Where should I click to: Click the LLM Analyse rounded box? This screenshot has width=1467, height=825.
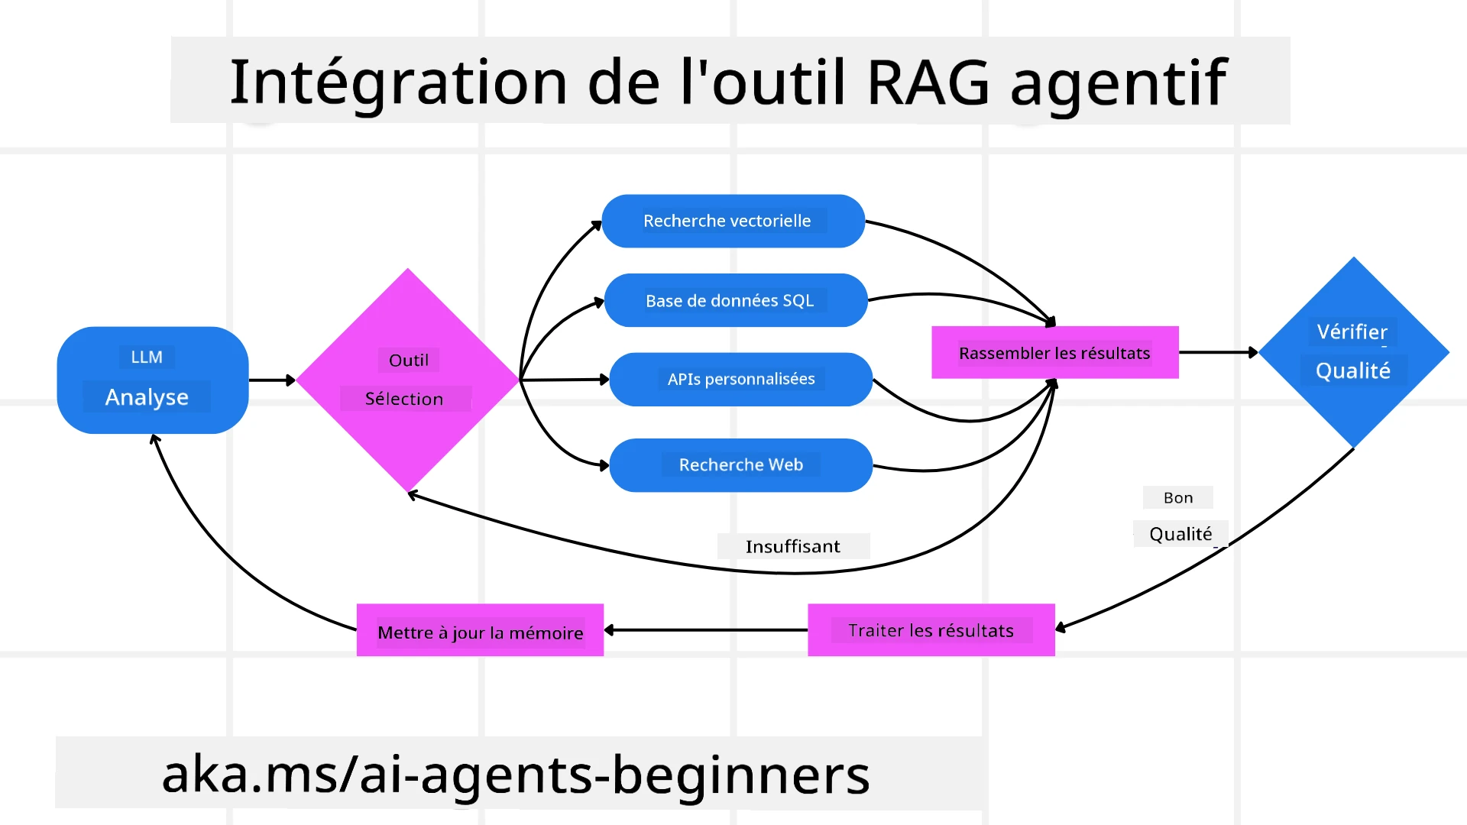pos(152,380)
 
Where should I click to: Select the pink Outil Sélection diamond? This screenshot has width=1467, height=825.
pos(407,380)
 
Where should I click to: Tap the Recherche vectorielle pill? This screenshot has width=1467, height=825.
pos(733,221)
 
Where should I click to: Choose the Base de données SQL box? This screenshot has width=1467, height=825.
pos(735,300)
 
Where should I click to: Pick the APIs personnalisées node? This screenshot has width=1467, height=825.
pos(740,379)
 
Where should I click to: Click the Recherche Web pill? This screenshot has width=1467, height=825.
pos(740,464)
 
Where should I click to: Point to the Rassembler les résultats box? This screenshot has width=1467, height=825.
pos(1054,352)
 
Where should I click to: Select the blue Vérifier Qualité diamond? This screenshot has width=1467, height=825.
pos(1353,352)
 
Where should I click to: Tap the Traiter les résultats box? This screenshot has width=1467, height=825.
pos(931,630)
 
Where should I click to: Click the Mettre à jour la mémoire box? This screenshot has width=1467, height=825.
pos(480,630)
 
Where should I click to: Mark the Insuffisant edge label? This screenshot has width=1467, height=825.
pos(792,546)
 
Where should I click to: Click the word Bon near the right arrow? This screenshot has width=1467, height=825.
pos(1177,497)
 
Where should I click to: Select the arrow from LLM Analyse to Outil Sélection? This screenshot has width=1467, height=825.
pos(272,380)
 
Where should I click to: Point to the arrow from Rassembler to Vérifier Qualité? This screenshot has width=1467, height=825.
pos(1218,352)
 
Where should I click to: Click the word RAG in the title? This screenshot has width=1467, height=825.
pos(928,82)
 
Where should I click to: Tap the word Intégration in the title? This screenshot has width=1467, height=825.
pos(398,82)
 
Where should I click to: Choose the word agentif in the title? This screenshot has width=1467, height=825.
pos(1119,82)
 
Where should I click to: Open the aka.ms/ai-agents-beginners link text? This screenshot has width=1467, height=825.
pos(516,774)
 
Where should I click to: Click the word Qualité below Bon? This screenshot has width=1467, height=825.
pos(1180,533)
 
